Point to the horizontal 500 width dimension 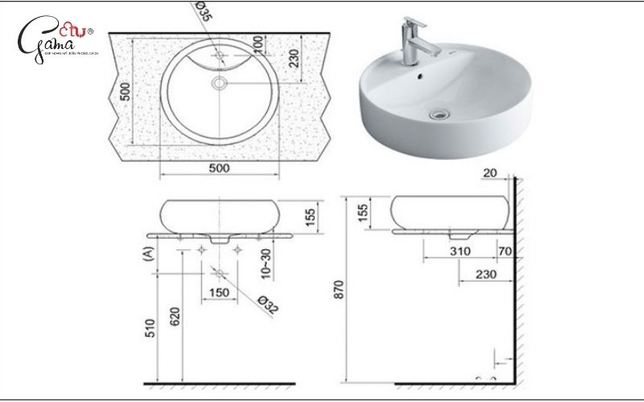coord(219,168)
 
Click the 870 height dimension coord(338,289)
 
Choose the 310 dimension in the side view coord(459,252)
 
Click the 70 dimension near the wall coord(505,252)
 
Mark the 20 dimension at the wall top coord(491,172)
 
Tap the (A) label coord(147,255)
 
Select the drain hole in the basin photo coord(438,115)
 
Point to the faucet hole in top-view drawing coord(220,55)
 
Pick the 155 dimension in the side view coord(363,212)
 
